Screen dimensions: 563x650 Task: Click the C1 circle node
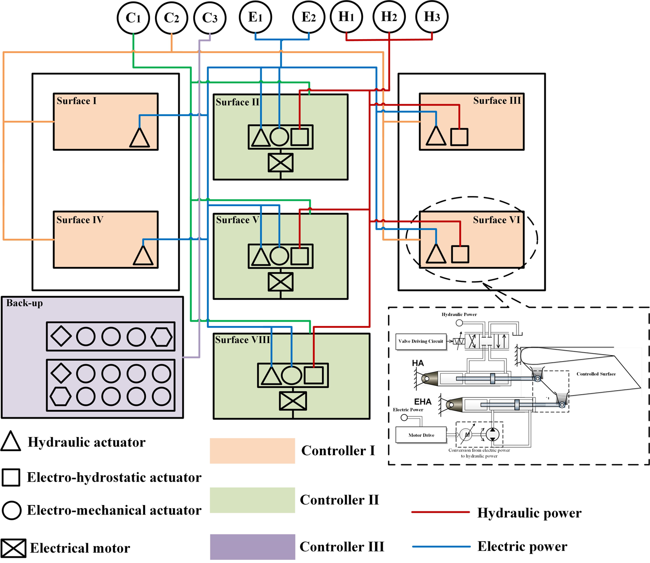133,18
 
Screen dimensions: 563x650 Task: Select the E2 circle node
308,18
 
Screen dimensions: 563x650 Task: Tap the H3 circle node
431,17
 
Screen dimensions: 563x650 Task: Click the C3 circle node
210,18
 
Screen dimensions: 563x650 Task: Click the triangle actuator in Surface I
139,138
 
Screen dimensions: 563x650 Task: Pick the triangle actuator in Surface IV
143,256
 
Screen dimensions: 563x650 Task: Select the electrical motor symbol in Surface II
281,163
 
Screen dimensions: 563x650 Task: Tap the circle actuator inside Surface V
279,256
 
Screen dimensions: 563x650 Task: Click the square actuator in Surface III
459,137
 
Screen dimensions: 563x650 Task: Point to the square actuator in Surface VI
460,254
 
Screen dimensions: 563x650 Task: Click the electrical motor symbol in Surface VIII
293,401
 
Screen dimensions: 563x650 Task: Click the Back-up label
25,303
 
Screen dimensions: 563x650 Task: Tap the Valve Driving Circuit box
421,342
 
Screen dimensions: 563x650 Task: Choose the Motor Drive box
421,435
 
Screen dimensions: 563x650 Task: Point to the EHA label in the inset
423,402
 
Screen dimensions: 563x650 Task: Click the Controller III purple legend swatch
252,547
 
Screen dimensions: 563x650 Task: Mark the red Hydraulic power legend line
440,513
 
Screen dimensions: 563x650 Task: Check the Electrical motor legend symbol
13,548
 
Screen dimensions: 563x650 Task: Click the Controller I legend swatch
252,451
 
